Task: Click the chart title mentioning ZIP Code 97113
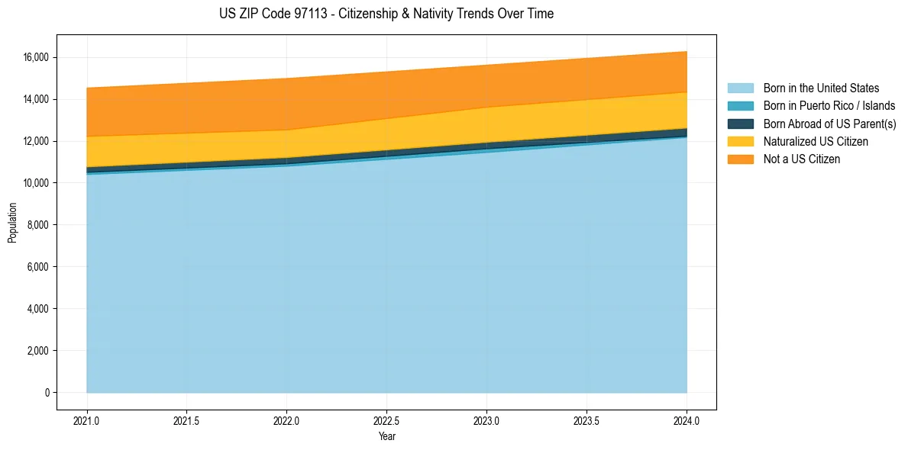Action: click(x=386, y=14)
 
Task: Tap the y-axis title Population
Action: click(x=12, y=223)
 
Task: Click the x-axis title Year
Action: click(x=386, y=436)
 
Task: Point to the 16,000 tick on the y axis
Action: click(x=35, y=58)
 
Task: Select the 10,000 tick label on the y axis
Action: click(x=35, y=184)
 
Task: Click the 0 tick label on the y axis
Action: click(x=47, y=393)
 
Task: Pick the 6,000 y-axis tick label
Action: click(x=37, y=267)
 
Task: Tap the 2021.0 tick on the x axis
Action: click(x=87, y=420)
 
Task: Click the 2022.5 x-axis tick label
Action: click(x=386, y=420)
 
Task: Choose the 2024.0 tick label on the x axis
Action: click(x=687, y=420)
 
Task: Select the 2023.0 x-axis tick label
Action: click(x=486, y=420)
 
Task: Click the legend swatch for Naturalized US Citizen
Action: click(x=740, y=142)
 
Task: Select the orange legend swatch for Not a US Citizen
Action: click(x=740, y=159)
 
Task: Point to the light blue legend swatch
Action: click(x=740, y=88)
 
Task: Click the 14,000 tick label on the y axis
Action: click(x=35, y=100)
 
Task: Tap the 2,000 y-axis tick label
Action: click(x=37, y=351)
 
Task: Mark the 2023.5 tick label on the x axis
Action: click(x=586, y=420)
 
